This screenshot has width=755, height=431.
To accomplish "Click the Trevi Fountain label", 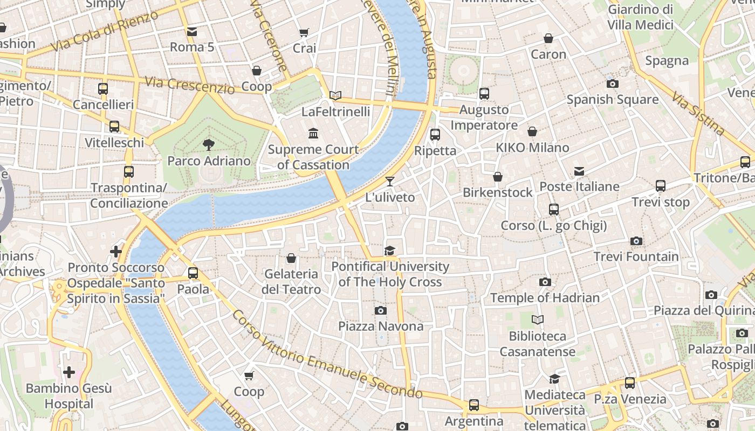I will pyautogui.click(x=636, y=257).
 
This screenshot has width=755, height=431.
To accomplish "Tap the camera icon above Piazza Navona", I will pyautogui.click(x=381, y=310).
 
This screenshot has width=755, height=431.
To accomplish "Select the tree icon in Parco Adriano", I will pyautogui.click(x=208, y=145).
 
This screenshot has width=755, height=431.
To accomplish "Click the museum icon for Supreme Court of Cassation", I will pyautogui.click(x=313, y=133).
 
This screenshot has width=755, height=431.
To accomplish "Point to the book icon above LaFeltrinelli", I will pyautogui.click(x=335, y=96).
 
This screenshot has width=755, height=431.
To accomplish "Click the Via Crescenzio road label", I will pyautogui.click(x=190, y=85).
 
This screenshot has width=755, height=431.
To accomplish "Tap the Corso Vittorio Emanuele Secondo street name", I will pyautogui.click(x=327, y=354).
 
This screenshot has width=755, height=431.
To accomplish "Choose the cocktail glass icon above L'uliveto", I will pyautogui.click(x=390, y=182).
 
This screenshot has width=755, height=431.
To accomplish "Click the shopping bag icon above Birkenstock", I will pyautogui.click(x=498, y=177).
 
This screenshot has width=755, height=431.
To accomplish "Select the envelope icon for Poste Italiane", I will pyautogui.click(x=579, y=171).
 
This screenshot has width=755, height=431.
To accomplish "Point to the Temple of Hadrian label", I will pyautogui.click(x=545, y=297).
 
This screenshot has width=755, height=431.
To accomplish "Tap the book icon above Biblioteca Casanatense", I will pyautogui.click(x=537, y=320).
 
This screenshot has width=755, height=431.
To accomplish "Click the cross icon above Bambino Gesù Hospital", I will pyautogui.click(x=69, y=372).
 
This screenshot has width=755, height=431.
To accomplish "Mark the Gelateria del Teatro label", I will pyautogui.click(x=291, y=282).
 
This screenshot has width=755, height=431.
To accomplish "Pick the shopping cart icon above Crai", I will pyautogui.click(x=304, y=33).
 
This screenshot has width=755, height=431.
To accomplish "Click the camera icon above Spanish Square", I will pyautogui.click(x=612, y=84).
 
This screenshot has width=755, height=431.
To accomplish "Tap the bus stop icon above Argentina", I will pyautogui.click(x=474, y=405).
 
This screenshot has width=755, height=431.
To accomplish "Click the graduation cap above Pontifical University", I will pyautogui.click(x=389, y=251).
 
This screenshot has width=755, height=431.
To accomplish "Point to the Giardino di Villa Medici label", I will pyautogui.click(x=640, y=17).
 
